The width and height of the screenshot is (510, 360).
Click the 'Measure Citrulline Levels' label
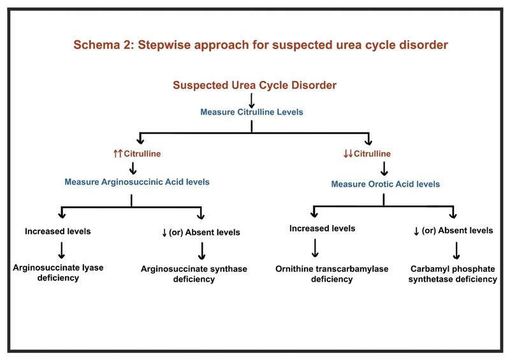pyautogui.click(x=252, y=112)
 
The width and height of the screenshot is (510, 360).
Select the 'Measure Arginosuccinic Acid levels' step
pyautogui.click(x=137, y=182)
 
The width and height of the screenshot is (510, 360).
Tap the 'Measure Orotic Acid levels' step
pyautogui.click(x=385, y=185)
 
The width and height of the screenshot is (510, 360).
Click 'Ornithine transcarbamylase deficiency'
pyautogui.click(x=323, y=274)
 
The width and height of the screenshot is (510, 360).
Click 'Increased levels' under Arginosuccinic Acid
pyautogui.click(x=57, y=231)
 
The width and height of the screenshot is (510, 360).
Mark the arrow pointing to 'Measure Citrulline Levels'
pyautogui.click(x=252, y=99)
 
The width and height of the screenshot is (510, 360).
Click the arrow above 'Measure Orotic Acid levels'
pyautogui.click(x=385, y=169)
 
